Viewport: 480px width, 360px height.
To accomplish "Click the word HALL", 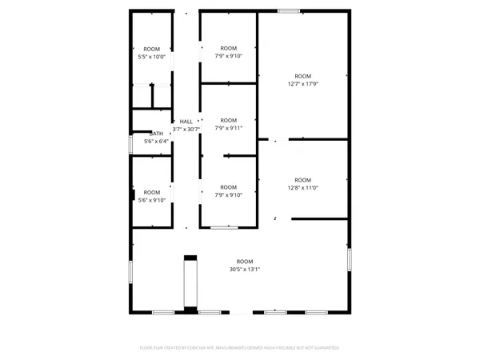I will point(186,120).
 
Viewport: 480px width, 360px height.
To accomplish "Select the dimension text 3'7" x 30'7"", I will point(186,129).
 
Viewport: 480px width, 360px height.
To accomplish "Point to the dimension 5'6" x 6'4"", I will point(156,142).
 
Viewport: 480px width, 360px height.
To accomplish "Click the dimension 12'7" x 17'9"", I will point(302,84).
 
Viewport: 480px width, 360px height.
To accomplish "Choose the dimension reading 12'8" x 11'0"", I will point(302,188).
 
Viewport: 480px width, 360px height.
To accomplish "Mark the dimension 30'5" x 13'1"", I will point(244,270).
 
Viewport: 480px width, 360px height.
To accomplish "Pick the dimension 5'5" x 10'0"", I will point(151,57).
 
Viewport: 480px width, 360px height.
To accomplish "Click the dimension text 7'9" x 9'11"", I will point(229,128).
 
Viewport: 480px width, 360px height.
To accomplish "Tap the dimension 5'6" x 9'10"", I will point(151,200).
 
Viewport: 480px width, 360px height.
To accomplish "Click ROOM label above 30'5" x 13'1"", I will point(244,262).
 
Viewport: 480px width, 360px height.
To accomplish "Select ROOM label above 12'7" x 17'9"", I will point(302,76).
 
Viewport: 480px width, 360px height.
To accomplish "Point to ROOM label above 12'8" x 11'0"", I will point(302,180).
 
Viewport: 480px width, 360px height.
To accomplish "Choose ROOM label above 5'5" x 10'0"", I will point(151,49).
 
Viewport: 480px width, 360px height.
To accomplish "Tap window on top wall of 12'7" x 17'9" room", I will point(289,10).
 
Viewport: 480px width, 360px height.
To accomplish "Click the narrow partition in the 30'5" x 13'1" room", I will point(190,282).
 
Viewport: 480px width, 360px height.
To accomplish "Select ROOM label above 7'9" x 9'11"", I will point(229,120).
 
